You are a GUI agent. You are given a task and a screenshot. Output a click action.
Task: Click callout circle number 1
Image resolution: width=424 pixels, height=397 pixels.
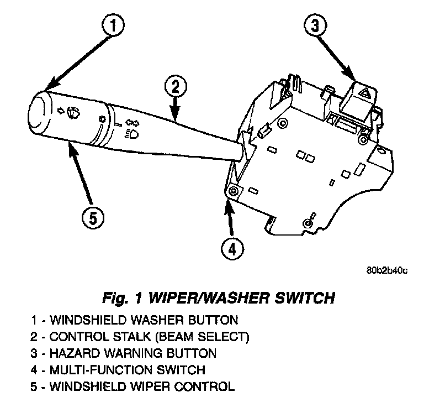pos(113,24)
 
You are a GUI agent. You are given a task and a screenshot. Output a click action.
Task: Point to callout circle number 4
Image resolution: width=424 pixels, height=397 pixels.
pos(232,249)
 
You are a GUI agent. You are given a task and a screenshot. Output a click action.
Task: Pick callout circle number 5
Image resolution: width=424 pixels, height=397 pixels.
pos(93,218)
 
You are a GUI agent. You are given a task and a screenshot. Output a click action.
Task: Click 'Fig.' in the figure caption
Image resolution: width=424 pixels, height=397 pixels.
pos(114,299)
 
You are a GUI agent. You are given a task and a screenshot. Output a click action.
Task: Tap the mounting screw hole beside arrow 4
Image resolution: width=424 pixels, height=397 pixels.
pos(232,191)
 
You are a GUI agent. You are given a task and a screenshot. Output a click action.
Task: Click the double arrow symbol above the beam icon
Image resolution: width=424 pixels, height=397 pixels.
pos(131,122)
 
